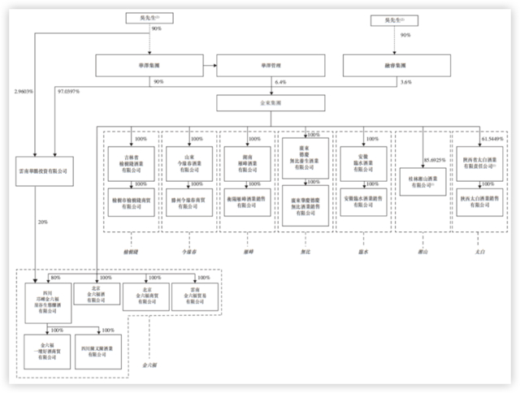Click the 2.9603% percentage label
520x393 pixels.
click(24, 92)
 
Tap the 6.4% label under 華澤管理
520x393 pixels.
click(281, 82)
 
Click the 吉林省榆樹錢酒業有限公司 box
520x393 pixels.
click(132, 158)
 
